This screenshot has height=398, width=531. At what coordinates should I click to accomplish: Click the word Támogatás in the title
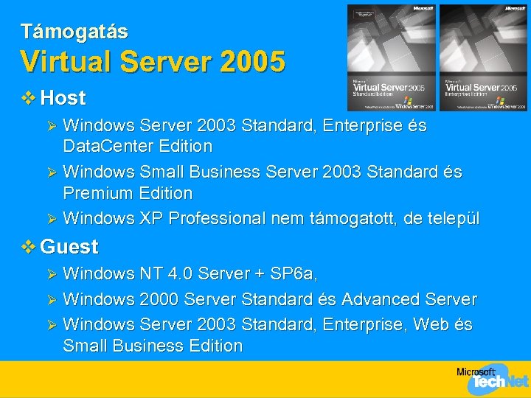click(74, 32)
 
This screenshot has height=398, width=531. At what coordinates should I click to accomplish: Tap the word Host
click(63, 97)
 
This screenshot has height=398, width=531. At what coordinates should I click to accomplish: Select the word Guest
click(69, 246)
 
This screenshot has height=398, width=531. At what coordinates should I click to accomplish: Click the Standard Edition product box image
click(391, 57)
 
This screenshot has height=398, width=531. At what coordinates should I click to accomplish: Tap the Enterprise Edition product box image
click(483, 57)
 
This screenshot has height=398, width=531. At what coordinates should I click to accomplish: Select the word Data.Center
click(111, 146)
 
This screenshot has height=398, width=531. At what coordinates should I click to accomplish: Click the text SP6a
click(294, 274)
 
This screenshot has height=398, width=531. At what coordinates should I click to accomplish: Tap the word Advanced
click(376, 300)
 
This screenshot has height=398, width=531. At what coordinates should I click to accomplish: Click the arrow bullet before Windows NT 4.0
click(51, 274)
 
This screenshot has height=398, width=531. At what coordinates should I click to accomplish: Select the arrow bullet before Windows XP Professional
click(51, 219)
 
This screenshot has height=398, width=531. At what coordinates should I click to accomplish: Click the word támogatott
click(352, 219)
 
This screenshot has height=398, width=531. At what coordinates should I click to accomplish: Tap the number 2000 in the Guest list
click(158, 300)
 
